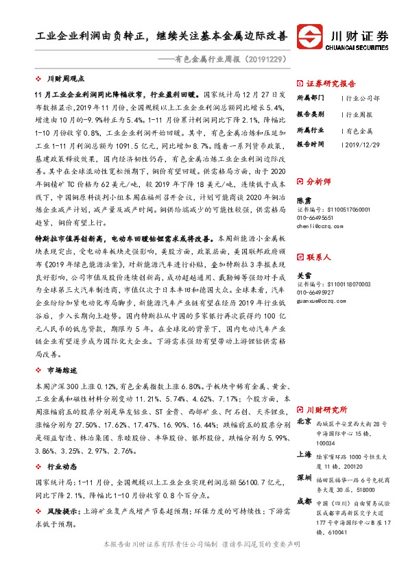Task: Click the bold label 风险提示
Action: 61,512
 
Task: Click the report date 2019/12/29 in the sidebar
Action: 362,145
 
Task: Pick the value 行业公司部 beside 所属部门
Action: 365,98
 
